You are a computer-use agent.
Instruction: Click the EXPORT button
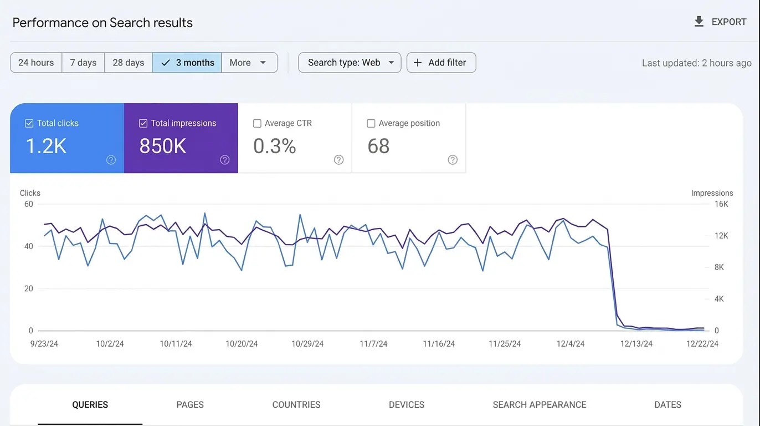click(720, 22)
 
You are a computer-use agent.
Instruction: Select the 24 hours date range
click(36, 63)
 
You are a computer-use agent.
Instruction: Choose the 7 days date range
click(83, 63)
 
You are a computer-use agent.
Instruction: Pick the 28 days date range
click(128, 63)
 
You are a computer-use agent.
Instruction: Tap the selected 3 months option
click(187, 63)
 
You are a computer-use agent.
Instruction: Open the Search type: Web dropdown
click(350, 63)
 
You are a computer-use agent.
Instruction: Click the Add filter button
click(441, 63)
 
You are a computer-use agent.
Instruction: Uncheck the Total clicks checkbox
click(29, 123)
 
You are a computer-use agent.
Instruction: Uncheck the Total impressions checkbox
click(143, 123)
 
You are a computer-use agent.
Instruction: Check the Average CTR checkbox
click(257, 123)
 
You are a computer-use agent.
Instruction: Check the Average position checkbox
click(371, 123)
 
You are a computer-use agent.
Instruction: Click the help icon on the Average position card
click(453, 160)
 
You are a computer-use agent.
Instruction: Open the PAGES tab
click(190, 405)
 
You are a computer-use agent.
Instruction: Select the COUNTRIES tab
click(296, 405)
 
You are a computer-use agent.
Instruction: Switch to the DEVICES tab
click(407, 405)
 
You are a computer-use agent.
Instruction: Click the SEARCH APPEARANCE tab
click(539, 405)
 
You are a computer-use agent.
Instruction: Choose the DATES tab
click(667, 405)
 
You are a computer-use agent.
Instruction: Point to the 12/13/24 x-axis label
click(636, 344)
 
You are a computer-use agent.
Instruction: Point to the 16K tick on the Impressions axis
click(722, 204)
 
